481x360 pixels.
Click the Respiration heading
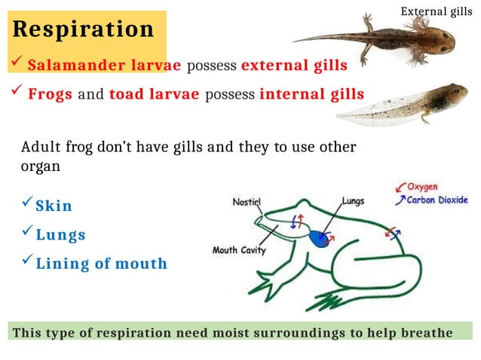(x=83, y=29)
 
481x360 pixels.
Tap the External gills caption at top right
(x=437, y=11)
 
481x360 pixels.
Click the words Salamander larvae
(x=104, y=66)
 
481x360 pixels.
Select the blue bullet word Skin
(x=54, y=206)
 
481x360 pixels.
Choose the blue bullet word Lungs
(x=61, y=235)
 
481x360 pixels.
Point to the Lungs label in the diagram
(x=353, y=201)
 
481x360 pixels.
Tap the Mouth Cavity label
(x=239, y=250)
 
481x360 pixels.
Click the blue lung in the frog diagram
(x=321, y=239)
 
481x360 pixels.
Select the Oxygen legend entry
(x=421, y=187)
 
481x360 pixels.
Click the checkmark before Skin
(x=27, y=203)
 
